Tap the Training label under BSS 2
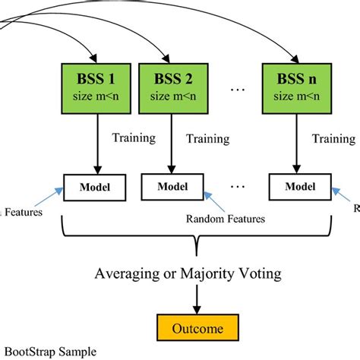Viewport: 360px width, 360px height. pos(207,139)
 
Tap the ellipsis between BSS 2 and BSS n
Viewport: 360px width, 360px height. pos(235,90)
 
